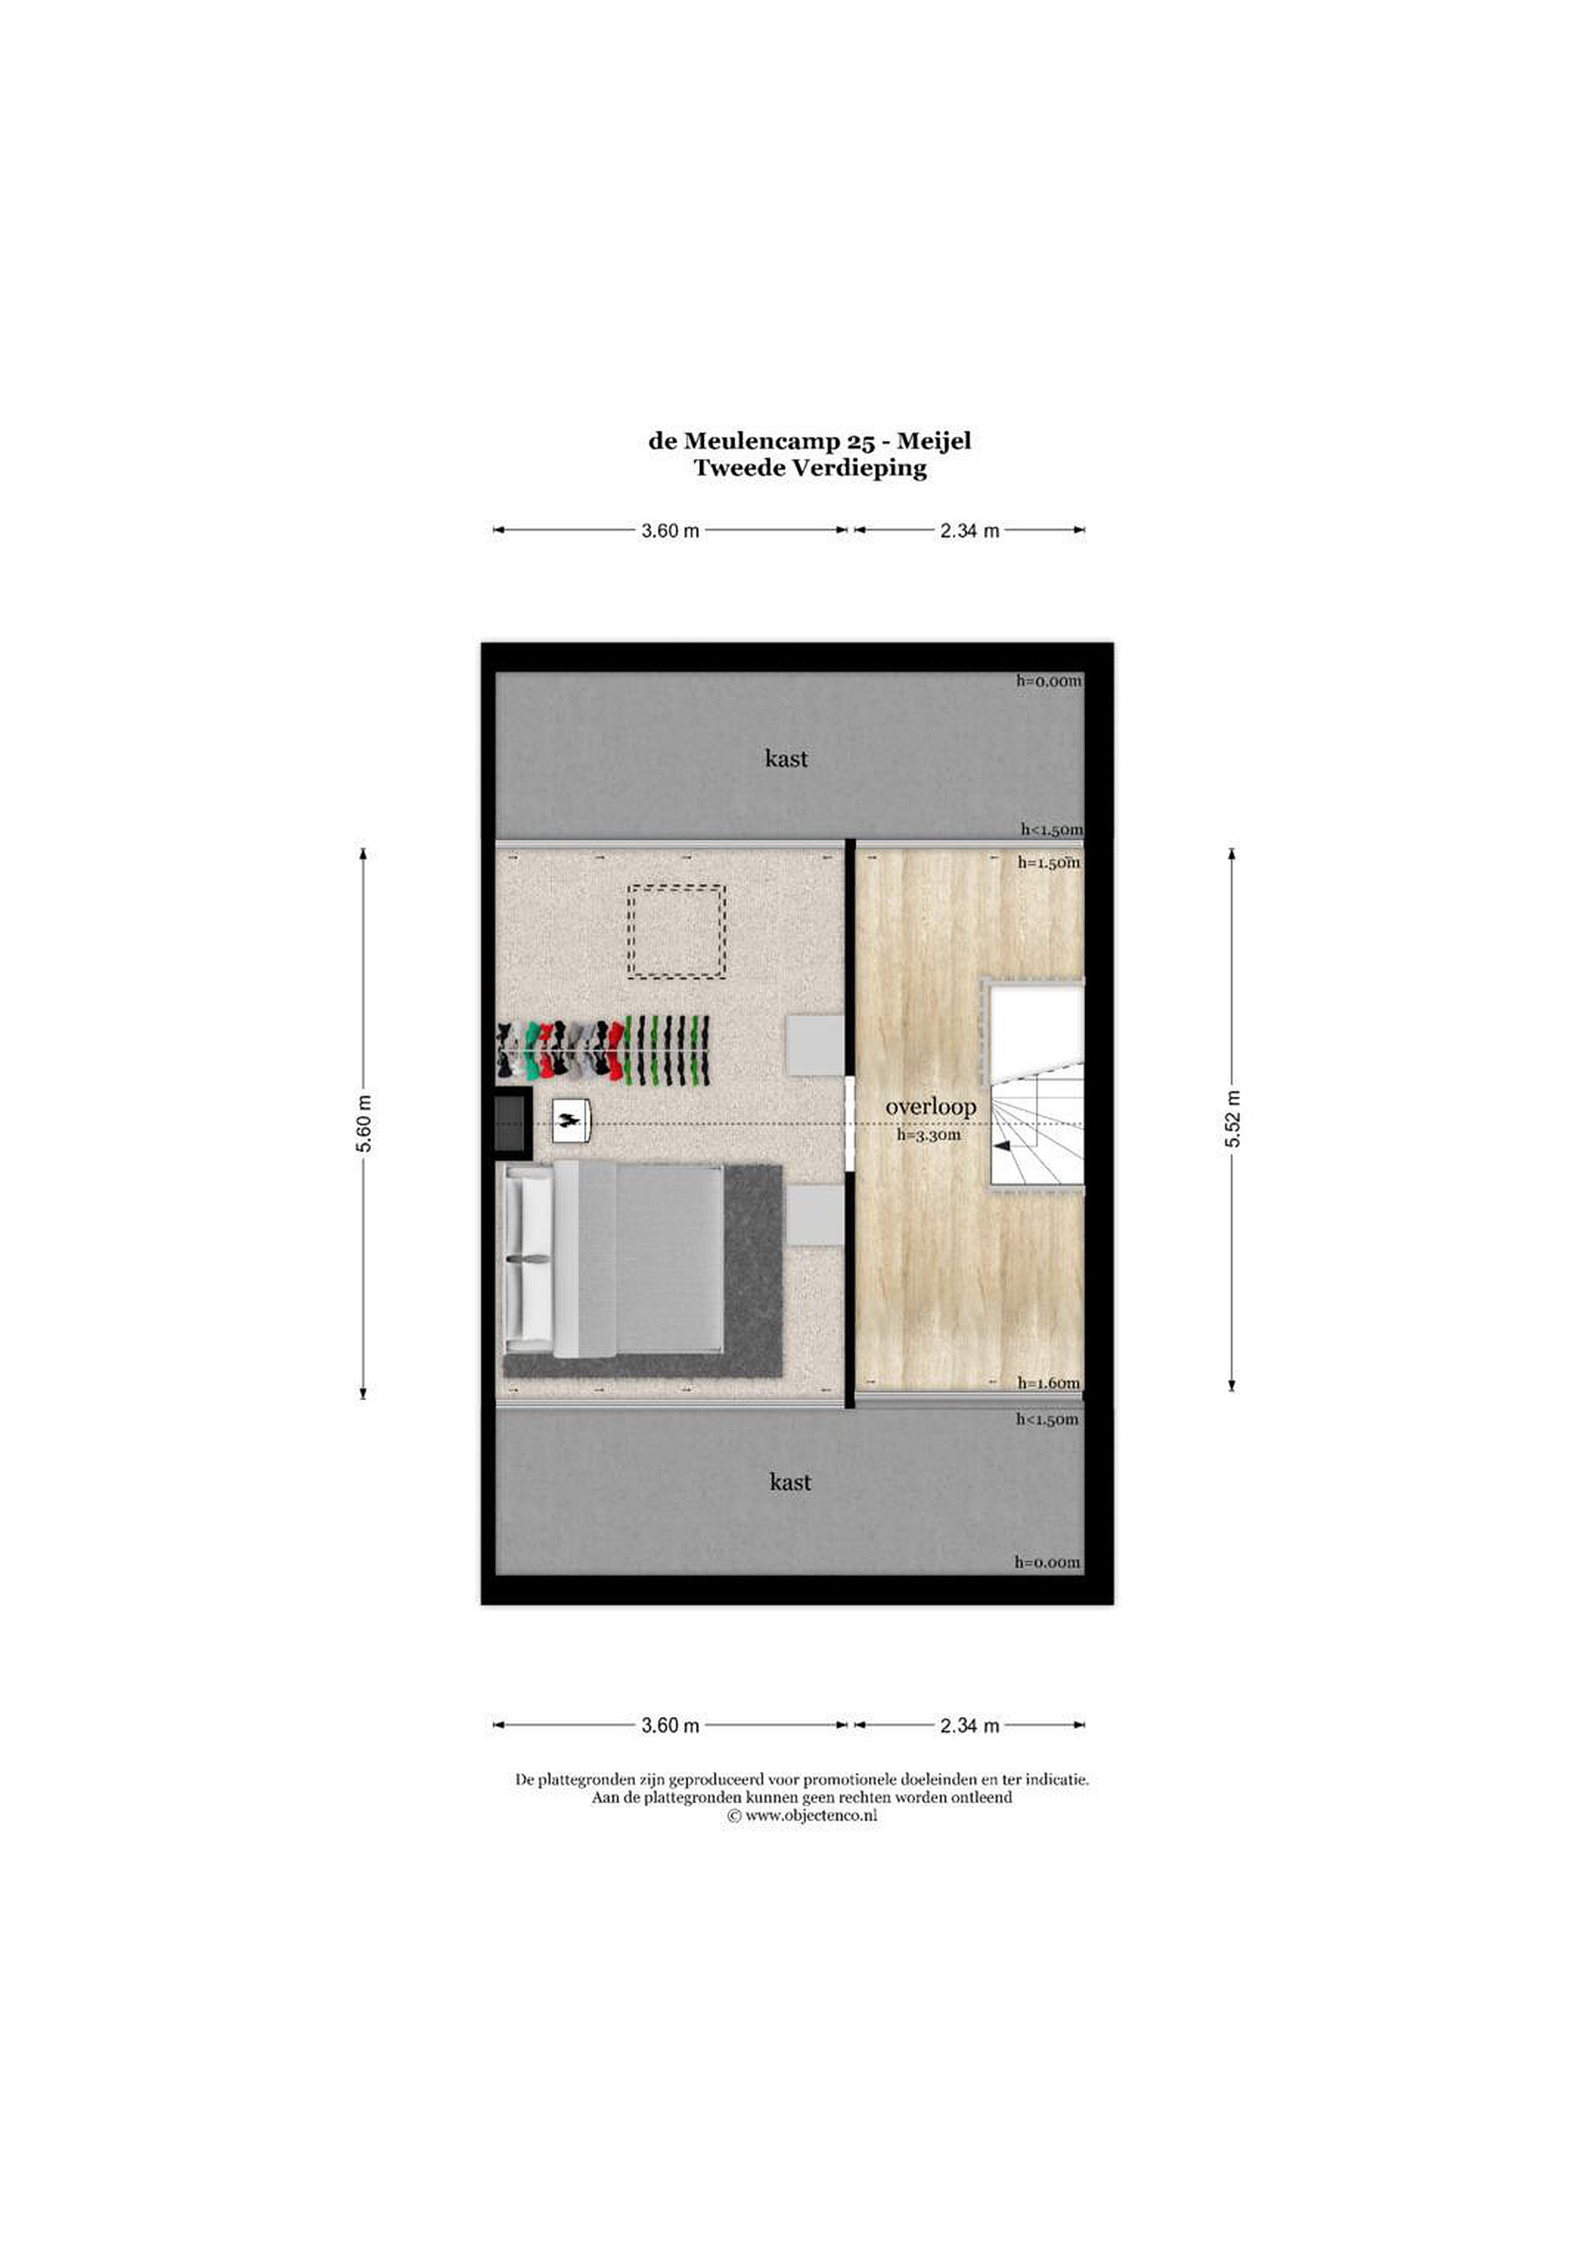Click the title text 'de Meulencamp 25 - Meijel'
pos(810,441)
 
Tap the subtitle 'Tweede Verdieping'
pos(810,467)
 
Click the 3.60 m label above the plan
pos(670,532)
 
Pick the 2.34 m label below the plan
pos(969,1726)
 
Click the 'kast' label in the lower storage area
pos(790,1482)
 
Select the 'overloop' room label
pos(931,1107)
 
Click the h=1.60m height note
pos(1049,1383)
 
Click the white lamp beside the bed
pos(570,1120)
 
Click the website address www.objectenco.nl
pos(802,1816)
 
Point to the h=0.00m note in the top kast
pos(1049,680)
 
